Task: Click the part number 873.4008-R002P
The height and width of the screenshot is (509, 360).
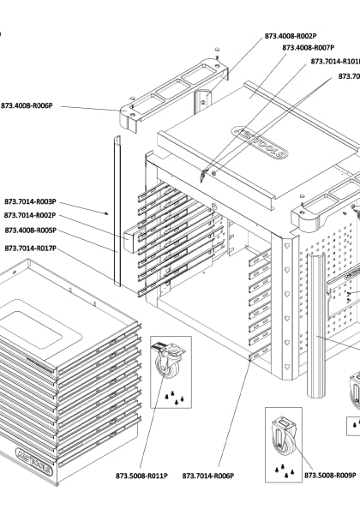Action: [290, 36]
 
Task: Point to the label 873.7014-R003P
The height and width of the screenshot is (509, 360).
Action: [30, 202]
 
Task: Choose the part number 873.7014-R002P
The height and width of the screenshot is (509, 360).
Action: [30, 215]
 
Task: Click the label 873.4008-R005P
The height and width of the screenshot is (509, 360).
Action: [30, 230]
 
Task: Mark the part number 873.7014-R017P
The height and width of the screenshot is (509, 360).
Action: [30, 248]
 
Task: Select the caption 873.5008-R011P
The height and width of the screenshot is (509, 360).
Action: [141, 476]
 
